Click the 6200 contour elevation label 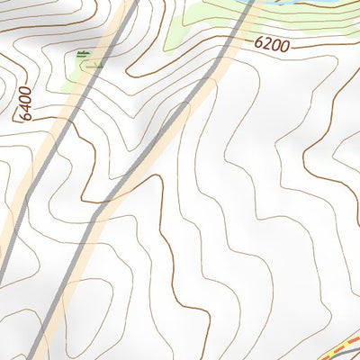tap(271, 42)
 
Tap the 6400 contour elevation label tap(24, 102)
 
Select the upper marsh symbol tap(84, 53)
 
